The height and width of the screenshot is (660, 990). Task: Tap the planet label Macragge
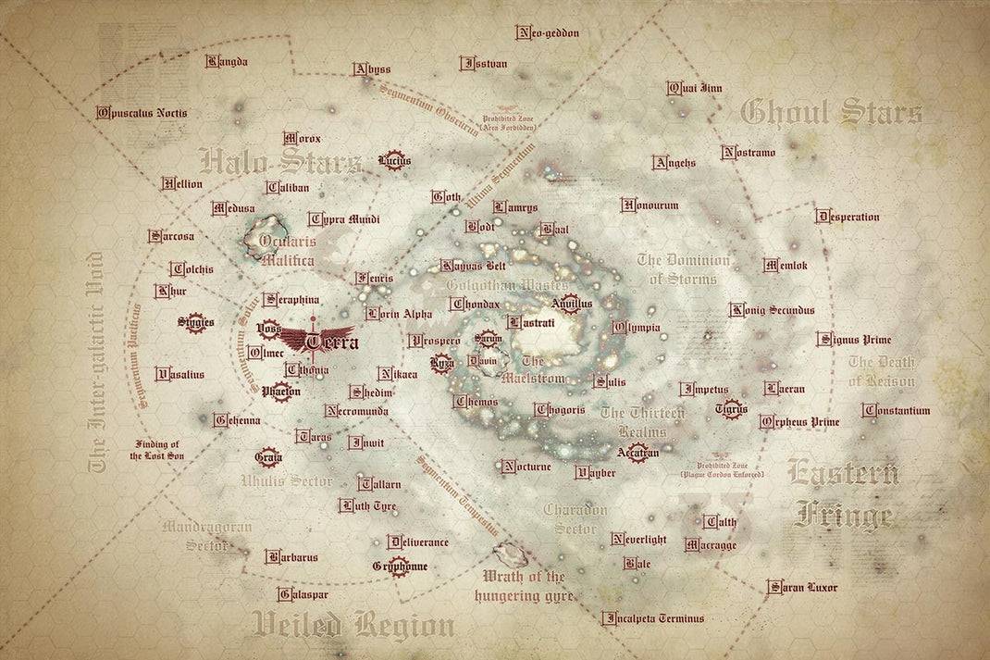click(x=711, y=545)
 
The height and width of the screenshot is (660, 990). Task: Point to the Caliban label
click(x=287, y=187)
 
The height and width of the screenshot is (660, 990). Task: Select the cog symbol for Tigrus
click(x=731, y=407)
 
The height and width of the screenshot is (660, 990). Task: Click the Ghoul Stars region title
click(x=832, y=114)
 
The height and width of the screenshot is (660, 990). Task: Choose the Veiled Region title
click(x=354, y=625)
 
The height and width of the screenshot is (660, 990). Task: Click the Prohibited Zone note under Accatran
click(x=722, y=468)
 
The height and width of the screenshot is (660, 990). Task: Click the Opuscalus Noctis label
click(x=142, y=113)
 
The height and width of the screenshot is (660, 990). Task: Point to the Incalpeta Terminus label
click(x=653, y=618)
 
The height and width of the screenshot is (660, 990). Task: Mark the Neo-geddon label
click(x=548, y=33)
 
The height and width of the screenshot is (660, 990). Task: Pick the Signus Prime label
click(x=854, y=340)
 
